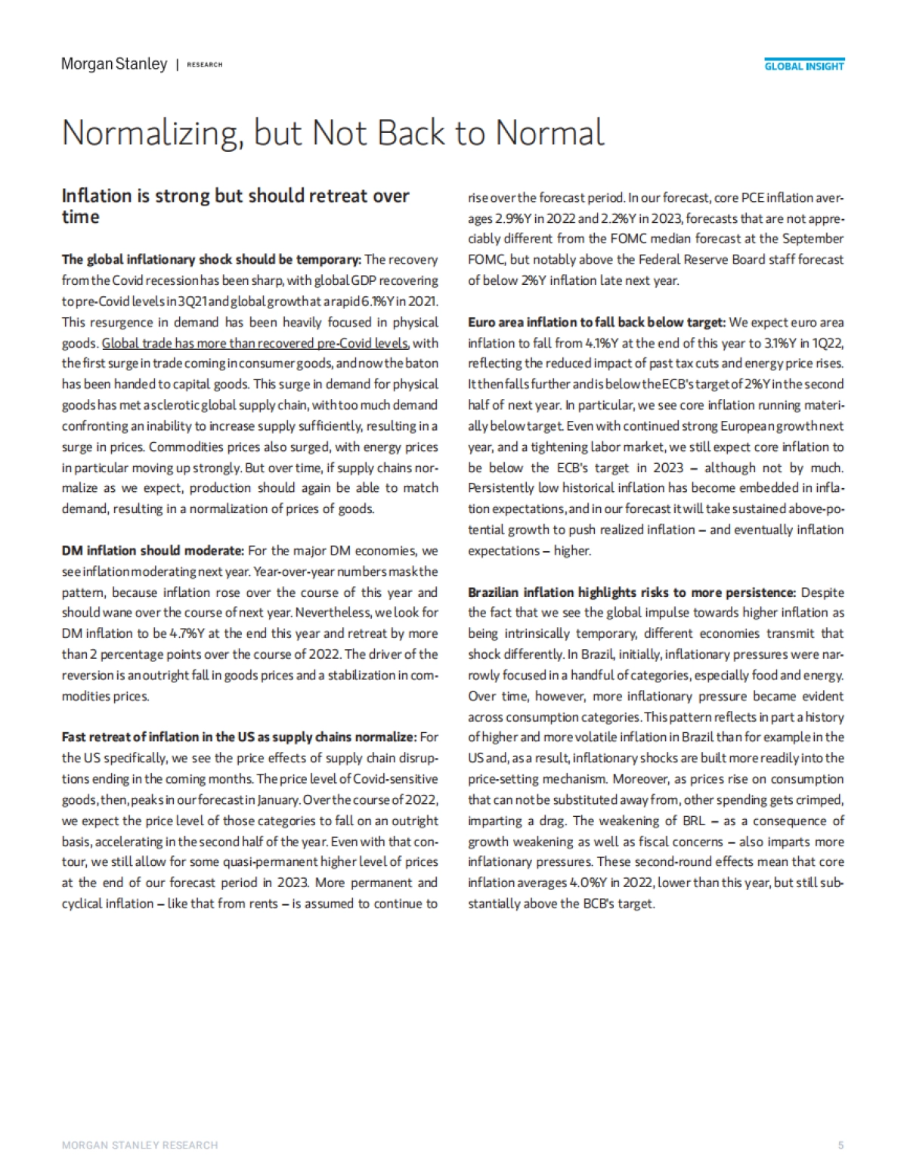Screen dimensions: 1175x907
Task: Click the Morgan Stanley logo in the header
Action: (x=114, y=64)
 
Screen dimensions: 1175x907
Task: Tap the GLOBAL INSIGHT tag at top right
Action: (x=804, y=66)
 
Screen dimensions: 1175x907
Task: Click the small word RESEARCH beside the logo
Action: (x=205, y=65)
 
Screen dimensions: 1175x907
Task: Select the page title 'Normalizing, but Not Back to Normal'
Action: (x=333, y=133)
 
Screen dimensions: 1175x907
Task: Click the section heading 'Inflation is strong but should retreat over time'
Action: (x=235, y=206)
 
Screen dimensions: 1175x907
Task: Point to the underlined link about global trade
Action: (x=255, y=343)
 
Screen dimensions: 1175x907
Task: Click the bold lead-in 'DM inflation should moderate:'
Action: (x=153, y=551)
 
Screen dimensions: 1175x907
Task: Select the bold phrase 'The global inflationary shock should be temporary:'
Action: (x=212, y=260)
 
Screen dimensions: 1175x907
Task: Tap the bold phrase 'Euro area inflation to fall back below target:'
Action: (x=596, y=323)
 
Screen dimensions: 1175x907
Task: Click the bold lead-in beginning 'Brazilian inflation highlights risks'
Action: (x=632, y=592)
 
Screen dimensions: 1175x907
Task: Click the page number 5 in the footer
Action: (x=840, y=1146)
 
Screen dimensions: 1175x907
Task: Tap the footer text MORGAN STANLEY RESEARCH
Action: (x=140, y=1146)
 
